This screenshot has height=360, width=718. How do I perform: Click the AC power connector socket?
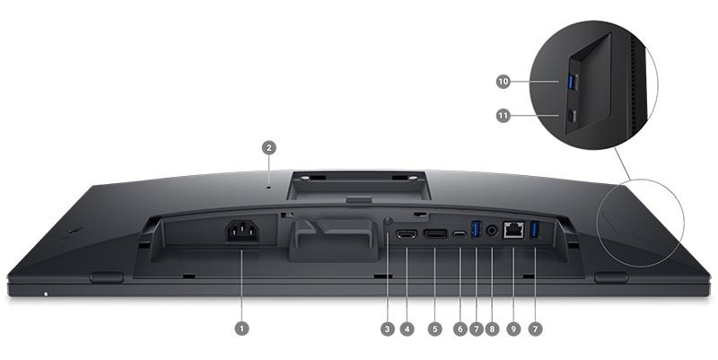click(x=241, y=232)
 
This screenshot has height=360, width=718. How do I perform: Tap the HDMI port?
click(x=407, y=234)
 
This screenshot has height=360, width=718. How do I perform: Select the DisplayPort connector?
click(x=435, y=234)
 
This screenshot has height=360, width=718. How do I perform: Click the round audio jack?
click(x=492, y=231)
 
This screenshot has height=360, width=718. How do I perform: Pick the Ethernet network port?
click(x=513, y=230)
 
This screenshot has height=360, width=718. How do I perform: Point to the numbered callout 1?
click(x=241, y=329)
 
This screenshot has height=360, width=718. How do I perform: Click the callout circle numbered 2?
click(x=268, y=147)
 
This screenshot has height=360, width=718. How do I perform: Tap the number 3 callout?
click(x=388, y=329)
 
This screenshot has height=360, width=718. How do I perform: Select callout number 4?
click(x=407, y=329)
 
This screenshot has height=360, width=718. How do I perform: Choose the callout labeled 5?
click(x=435, y=329)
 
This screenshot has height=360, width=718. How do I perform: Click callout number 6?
click(x=460, y=329)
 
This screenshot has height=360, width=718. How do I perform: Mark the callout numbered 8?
click(x=492, y=329)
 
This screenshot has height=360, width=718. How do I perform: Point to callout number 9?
click(x=513, y=329)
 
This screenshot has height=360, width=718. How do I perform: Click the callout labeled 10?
click(x=503, y=82)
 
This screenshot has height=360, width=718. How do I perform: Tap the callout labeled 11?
click(x=503, y=116)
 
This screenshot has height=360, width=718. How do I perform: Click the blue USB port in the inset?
click(x=572, y=82)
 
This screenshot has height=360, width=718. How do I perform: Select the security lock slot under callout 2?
click(x=268, y=187)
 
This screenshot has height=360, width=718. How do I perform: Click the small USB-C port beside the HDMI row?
click(x=460, y=234)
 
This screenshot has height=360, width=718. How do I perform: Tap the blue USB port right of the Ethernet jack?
click(x=535, y=230)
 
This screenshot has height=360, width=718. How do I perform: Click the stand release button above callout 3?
click(x=388, y=221)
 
